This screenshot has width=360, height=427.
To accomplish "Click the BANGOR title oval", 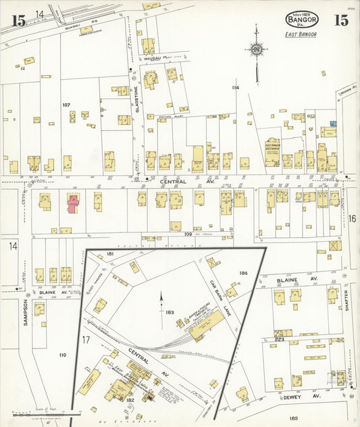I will click(301, 19).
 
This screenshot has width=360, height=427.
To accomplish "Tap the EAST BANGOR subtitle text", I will click(301, 34).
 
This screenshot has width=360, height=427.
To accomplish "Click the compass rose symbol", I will click(256, 49).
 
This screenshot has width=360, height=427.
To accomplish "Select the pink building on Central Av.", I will click(72, 203).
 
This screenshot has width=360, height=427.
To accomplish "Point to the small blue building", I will click(332, 124).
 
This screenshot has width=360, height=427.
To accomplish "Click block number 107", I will click(66, 105).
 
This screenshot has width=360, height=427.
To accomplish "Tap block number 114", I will click(235, 88).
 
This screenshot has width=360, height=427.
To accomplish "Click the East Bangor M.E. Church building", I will click(272, 153).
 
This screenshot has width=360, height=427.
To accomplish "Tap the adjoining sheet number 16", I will click(352, 218).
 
